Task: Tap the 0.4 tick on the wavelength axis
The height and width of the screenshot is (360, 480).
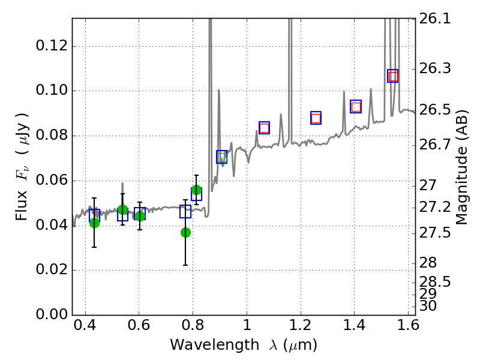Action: click(x=85, y=328)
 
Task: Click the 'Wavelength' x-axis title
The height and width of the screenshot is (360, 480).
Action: click(x=243, y=345)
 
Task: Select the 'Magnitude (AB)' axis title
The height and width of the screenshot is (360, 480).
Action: click(x=462, y=167)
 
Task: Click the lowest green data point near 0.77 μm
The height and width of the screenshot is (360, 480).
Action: click(x=185, y=232)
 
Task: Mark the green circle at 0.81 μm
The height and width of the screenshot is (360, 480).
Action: click(x=196, y=190)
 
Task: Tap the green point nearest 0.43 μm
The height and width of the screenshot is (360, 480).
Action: click(x=94, y=223)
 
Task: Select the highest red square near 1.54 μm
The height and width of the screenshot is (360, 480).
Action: click(x=393, y=76)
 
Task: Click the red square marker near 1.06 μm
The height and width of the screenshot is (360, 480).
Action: click(x=264, y=128)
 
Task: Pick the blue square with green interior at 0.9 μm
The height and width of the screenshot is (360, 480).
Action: click(x=222, y=157)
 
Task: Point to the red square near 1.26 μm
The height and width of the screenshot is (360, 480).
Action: click(x=316, y=118)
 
